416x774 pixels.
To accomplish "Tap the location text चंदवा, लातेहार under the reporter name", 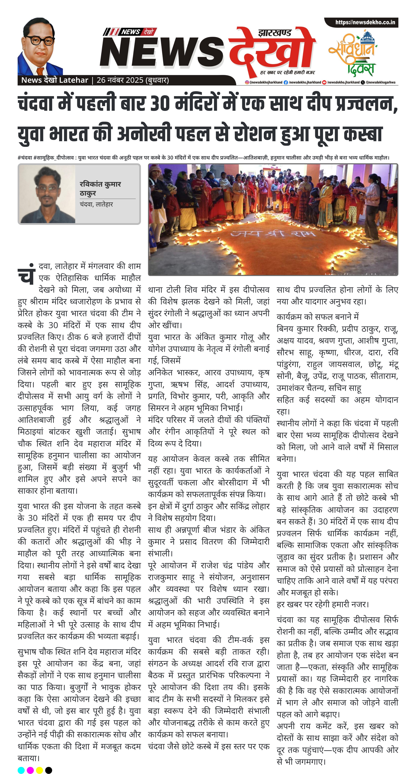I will pos(96,204).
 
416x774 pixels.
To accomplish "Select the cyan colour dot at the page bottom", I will pos(21,770).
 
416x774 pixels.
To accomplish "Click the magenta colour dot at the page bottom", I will pos(30,770).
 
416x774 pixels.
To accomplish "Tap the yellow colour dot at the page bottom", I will pos(39,770).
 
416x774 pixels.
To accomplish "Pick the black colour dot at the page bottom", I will pos(48,770).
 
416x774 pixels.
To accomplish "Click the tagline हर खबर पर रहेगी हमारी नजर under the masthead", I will pos(287,72).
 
